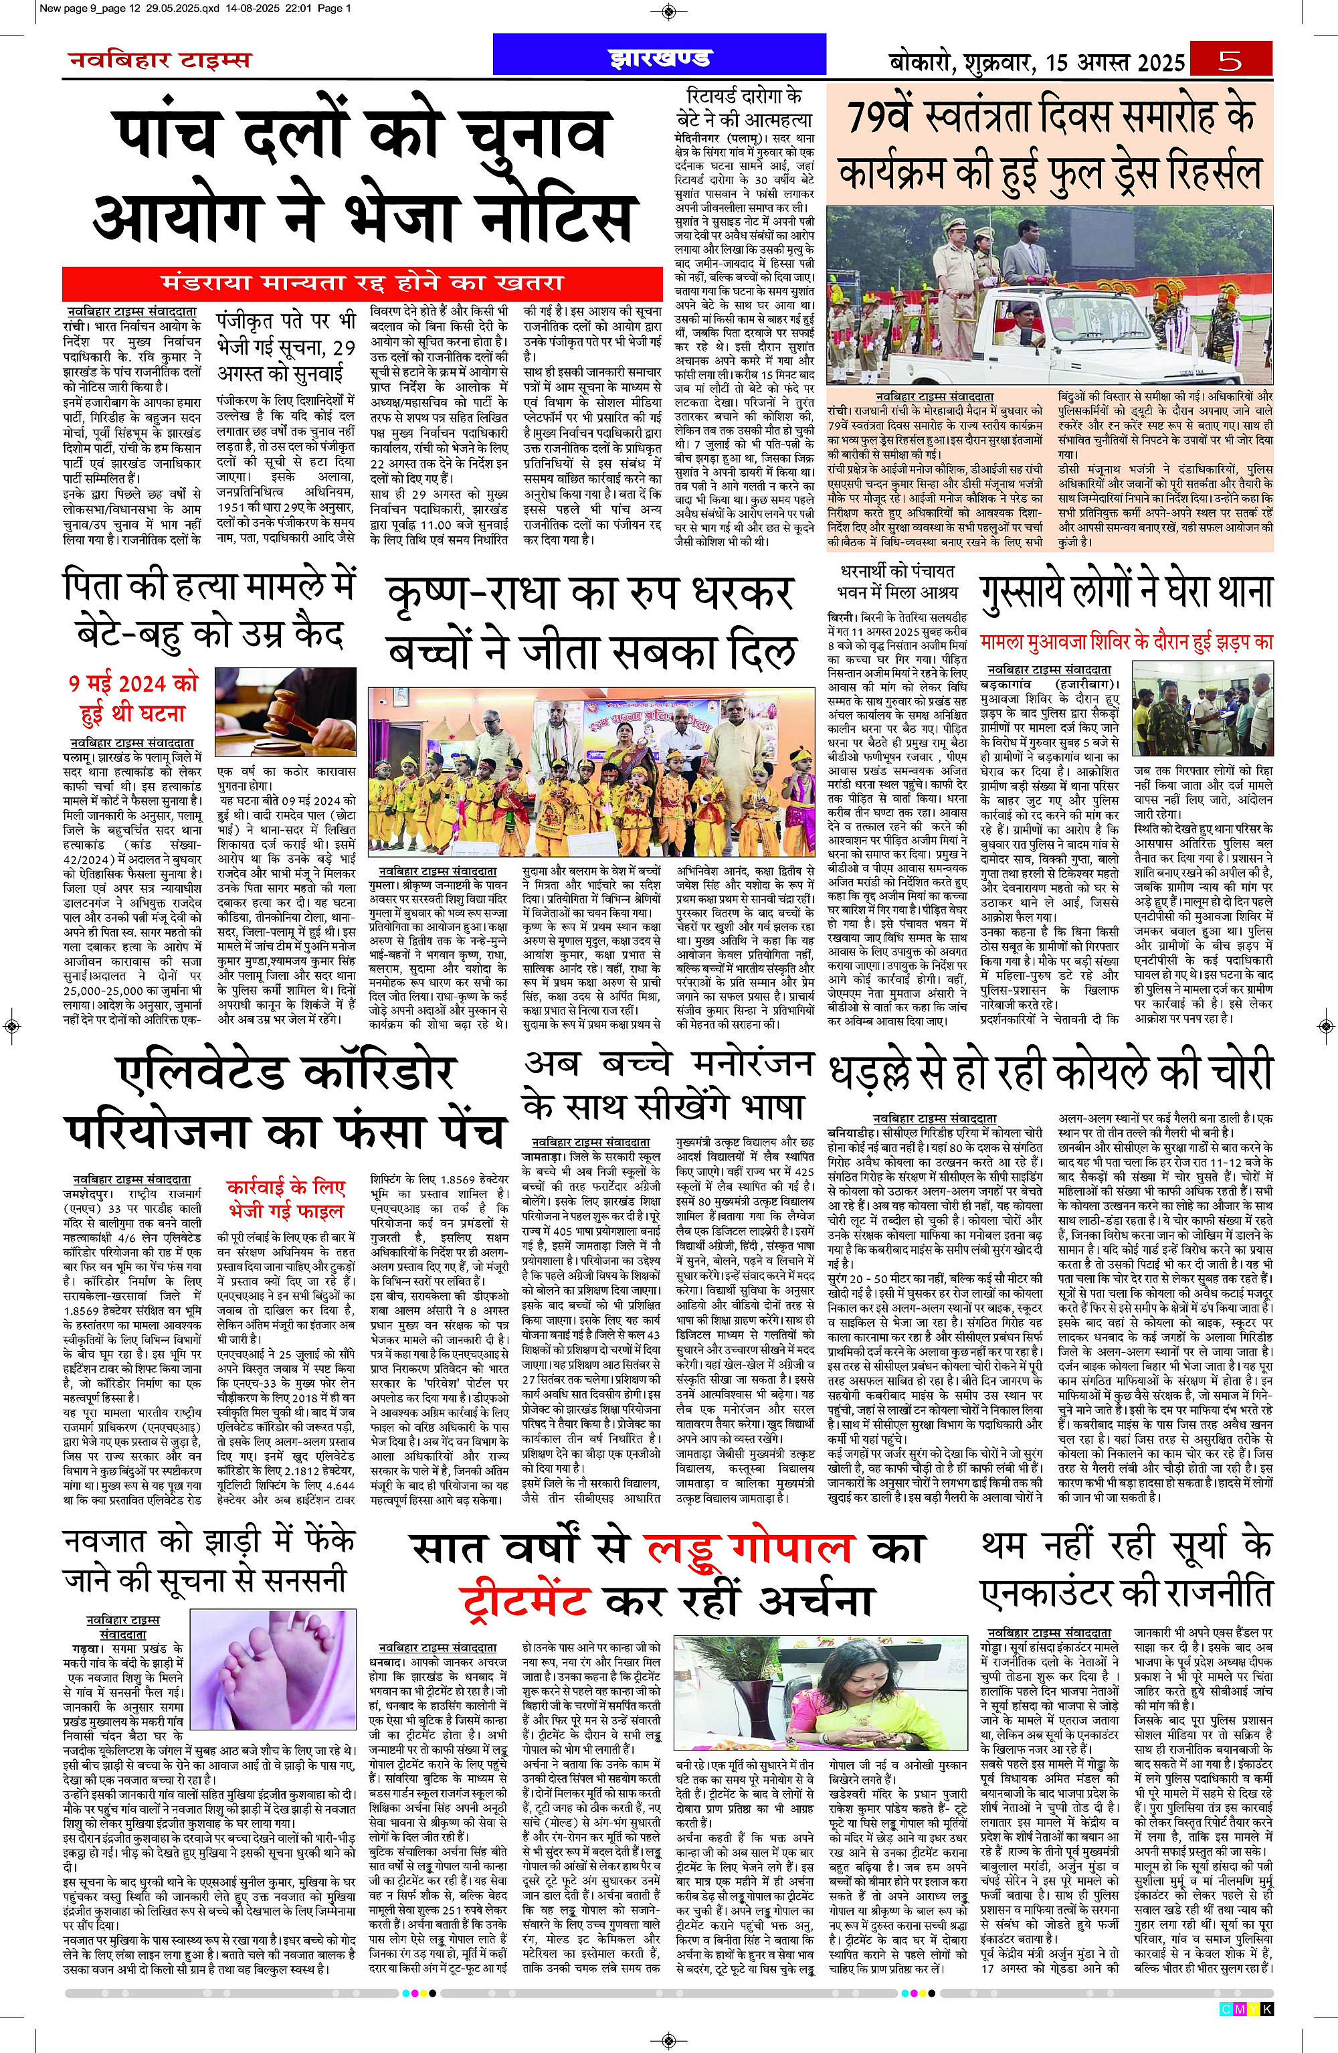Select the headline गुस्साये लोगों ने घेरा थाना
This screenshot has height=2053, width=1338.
1126,592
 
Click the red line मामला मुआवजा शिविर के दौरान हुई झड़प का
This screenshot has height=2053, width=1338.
1126,642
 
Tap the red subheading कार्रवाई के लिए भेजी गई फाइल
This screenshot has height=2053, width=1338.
286,1198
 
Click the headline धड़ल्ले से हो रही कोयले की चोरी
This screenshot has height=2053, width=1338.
1050,1072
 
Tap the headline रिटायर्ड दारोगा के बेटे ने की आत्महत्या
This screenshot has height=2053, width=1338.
743,108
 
